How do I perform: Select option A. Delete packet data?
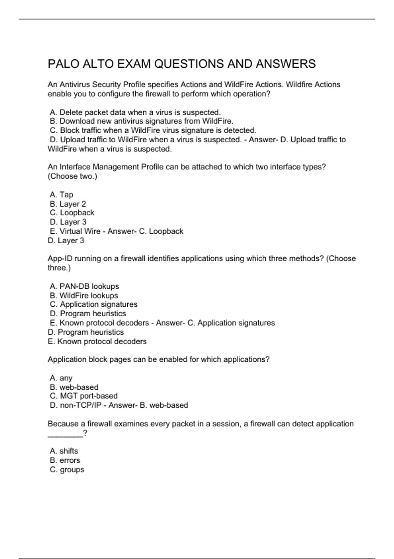(x=135, y=112)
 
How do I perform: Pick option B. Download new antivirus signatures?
(x=142, y=121)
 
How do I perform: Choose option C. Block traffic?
(x=153, y=130)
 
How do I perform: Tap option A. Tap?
(x=61, y=194)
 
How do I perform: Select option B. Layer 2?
(x=68, y=204)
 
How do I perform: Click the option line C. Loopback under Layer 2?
(x=72, y=213)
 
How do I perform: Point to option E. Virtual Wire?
(x=75, y=231)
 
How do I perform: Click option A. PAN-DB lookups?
(x=84, y=286)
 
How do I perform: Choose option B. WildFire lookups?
(x=84, y=295)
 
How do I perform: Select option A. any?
(x=61, y=378)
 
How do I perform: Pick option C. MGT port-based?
(x=84, y=396)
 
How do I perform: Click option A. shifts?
(x=64, y=451)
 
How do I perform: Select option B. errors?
(x=65, y=460)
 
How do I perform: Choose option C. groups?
(x=67, y=469)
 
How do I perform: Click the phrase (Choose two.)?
(x=73, y=176)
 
